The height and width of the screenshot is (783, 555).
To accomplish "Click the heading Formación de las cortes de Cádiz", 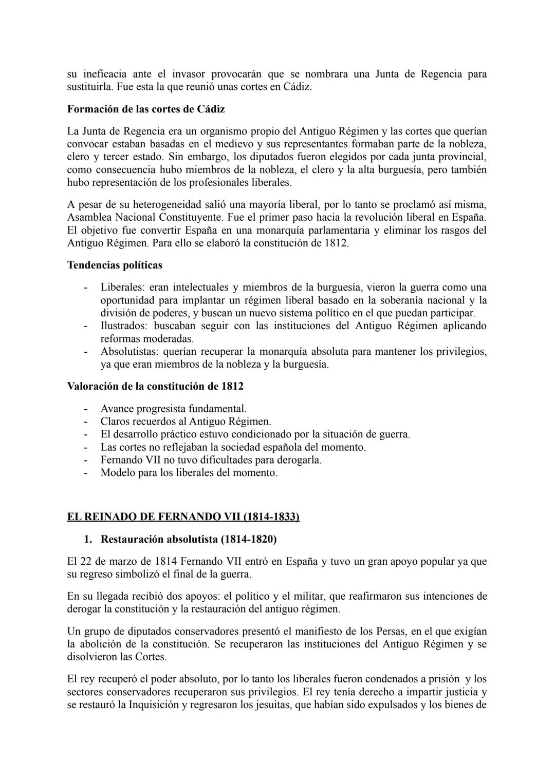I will [145, 109].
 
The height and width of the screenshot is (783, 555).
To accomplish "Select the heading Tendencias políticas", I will [115, 265].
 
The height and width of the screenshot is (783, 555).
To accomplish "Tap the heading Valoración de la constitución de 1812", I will [155, 386].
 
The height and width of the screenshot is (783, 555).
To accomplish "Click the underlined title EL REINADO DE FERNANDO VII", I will [183, 517].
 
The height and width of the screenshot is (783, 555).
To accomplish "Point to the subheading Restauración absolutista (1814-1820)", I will [188, 539].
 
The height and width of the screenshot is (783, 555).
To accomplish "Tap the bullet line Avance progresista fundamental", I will [173, 409].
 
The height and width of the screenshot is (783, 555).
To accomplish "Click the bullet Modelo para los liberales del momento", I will [189, 473].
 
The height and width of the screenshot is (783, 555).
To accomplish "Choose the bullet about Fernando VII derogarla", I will [211, 460].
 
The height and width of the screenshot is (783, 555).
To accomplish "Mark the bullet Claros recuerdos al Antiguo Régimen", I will [186, 422].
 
